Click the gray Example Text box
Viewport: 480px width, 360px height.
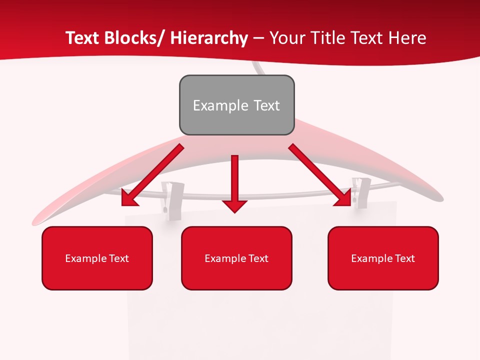[x=236, y=105]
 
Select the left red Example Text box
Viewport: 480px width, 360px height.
[x=97, y=258]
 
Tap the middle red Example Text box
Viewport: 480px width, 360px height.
[x=236, y=258]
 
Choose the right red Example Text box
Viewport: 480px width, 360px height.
[x=383, y=258]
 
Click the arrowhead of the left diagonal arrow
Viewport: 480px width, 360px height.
[x=128, y=199]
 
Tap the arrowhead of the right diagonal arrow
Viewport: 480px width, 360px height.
[x=344, y=199]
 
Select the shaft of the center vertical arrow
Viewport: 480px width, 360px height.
[x=234, y=177]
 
